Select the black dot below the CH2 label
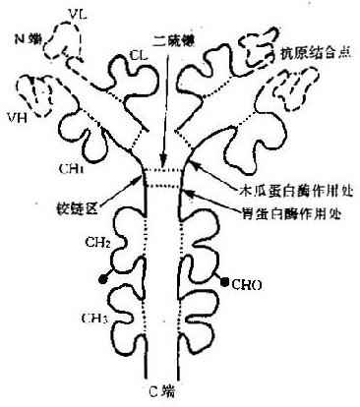click(x=104, y=284)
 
